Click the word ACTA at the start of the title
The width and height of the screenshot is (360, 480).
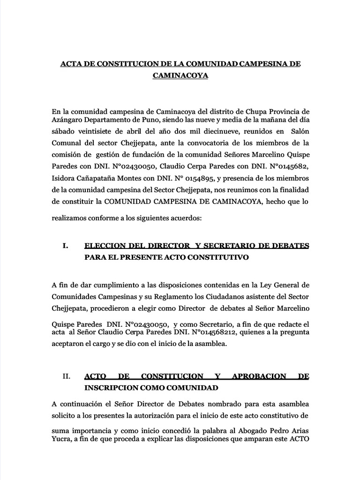[71, 63]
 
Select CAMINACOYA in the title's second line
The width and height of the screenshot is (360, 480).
[180, 75]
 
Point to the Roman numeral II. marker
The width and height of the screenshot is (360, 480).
[66, 376]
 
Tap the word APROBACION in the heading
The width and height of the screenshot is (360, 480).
[254, 376]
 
